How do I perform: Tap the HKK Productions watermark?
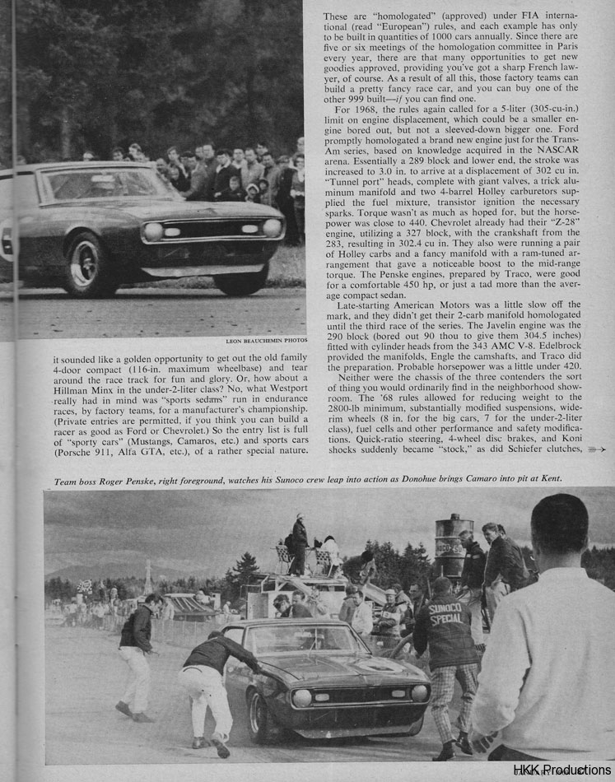tap(563, 770)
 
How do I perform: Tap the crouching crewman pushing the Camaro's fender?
tap(211, 675)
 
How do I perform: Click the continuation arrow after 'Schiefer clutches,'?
tap(598, 449)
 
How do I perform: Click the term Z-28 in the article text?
tap(568, 221)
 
